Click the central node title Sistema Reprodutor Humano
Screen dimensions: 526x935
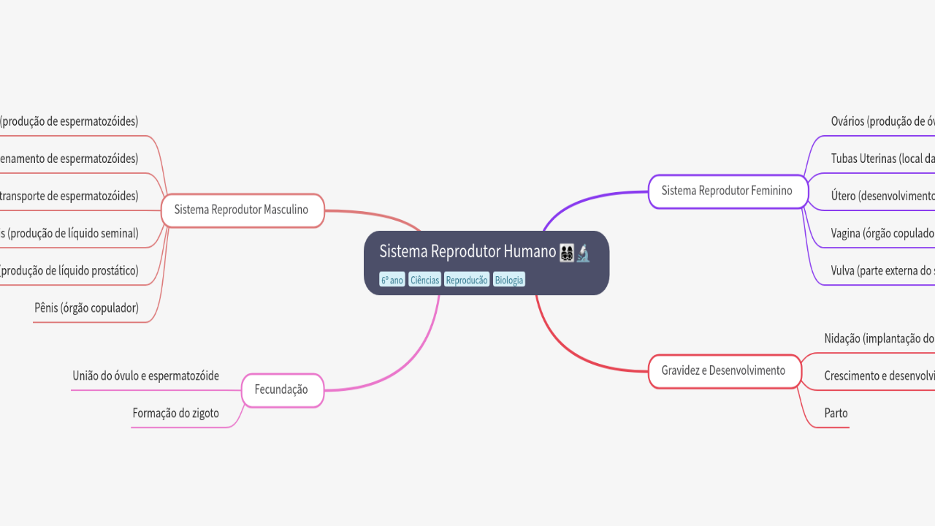(467, 252)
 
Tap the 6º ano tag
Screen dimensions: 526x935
(392, 280)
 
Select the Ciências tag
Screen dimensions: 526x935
(424, 280)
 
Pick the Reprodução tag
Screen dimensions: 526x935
(467, 280)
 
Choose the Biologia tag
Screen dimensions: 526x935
(509, 280)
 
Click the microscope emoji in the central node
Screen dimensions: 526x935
(583, 254)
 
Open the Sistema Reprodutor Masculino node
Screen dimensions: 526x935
(241, 210)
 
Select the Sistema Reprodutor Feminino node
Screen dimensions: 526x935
(727, 191)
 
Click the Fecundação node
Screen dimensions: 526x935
(281, 389)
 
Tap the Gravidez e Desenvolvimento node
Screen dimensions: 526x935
(723, 370)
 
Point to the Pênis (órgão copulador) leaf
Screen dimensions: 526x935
(86, 308)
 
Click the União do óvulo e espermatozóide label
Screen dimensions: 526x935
(146, 376)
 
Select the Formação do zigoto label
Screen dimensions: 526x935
(175, 413)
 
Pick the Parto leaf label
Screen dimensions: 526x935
(836, 413)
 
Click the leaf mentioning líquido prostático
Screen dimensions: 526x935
(69, 271)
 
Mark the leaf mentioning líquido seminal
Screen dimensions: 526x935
(69, 234)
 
